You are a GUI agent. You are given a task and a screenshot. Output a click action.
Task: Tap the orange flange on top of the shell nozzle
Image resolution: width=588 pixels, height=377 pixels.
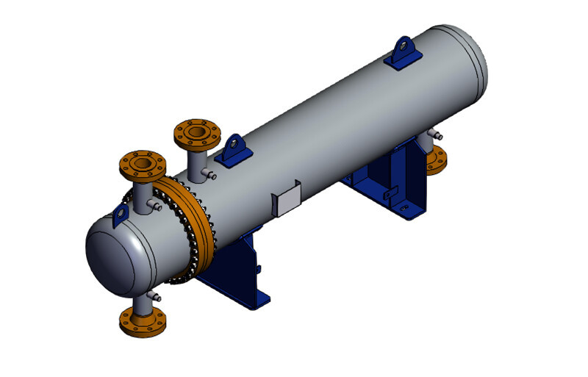pos(196,134)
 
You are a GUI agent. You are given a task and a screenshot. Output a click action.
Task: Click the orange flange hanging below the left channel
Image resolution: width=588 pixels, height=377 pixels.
pos(141,321)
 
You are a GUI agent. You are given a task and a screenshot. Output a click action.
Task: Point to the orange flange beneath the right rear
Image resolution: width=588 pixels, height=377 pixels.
pos(438,158)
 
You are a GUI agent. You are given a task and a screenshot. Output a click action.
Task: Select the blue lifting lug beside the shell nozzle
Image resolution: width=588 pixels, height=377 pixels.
pos(235,150)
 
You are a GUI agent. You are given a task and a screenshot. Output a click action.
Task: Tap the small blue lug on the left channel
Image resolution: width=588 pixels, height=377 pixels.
pos(120,214)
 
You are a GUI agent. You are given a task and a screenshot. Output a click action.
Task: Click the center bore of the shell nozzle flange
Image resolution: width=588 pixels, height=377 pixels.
pos(196,132)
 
